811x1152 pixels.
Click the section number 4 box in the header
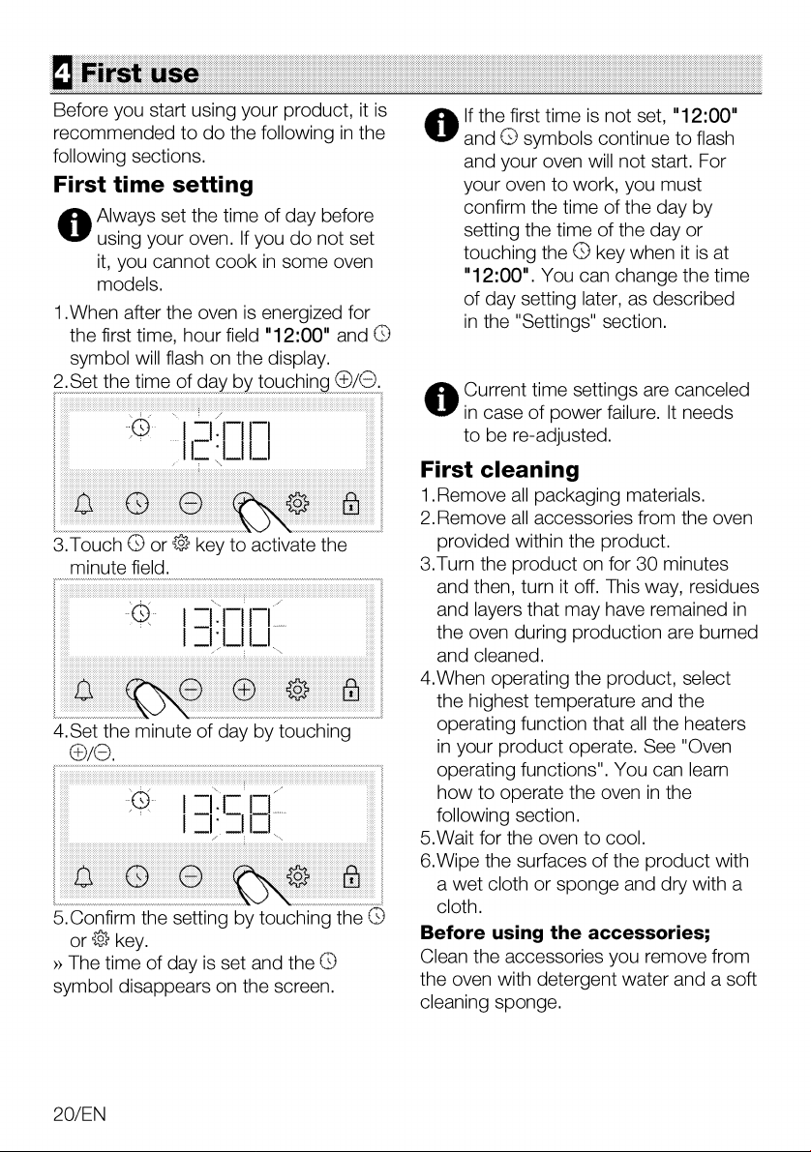[63, 73]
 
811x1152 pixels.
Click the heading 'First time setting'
[153, 185]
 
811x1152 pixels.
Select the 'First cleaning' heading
[499, 469]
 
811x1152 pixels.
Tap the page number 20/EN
[79, 1114]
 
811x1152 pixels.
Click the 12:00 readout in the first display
[225, 440]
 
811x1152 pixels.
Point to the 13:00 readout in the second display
[225, 627]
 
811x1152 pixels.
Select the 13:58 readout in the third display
[225, 813]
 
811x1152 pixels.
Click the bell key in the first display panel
[84, 504]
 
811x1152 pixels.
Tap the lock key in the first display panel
[351, 503]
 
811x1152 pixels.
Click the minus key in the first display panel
[191, 503]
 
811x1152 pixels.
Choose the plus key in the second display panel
[244, 690]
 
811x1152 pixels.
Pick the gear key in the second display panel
[298, 690]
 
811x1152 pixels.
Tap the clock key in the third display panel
[137, 876]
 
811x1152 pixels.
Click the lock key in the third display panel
[351, 876]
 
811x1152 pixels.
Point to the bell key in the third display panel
[84, 877]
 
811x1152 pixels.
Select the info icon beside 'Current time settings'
[440, 399]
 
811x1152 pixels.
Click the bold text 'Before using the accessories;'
[564, 932]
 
